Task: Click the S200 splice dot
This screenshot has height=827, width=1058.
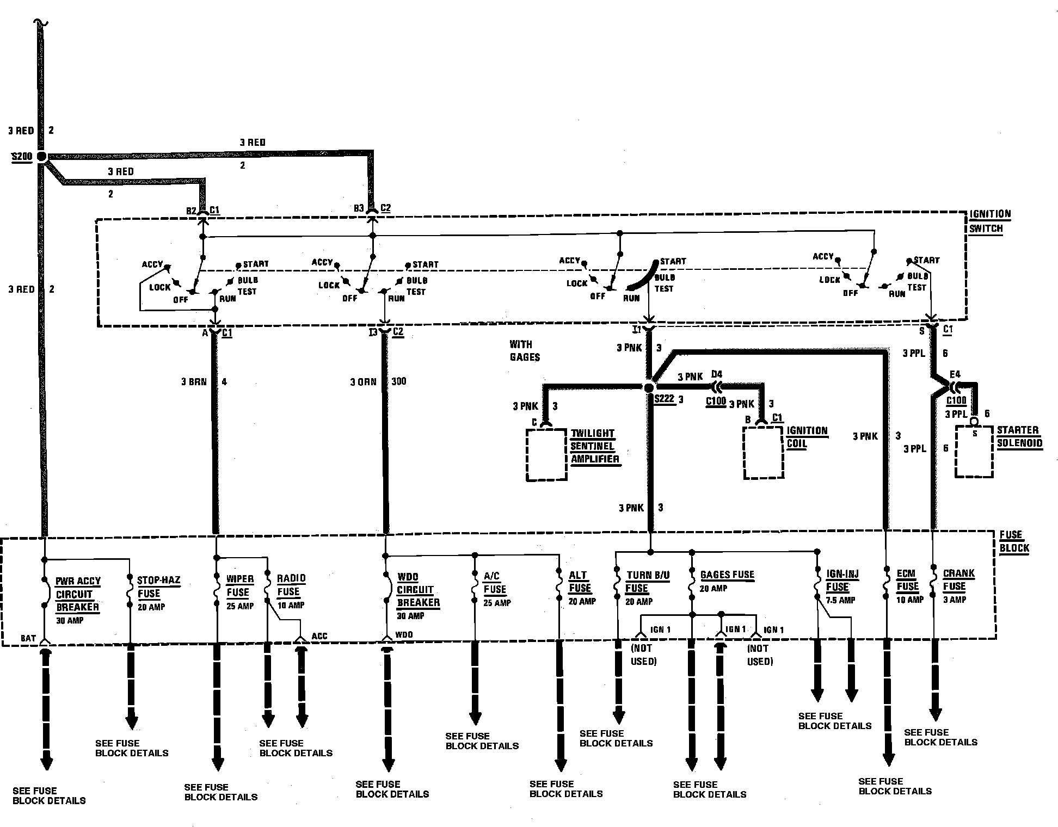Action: pyautogui.click(x=41, y=157)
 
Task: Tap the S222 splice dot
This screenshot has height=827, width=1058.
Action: pyautogui.click(x=648, y=388)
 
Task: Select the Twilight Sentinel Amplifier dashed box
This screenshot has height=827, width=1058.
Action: pyautogui.click(x=546, y=455)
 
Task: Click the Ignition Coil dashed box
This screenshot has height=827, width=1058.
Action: pyautogui.click(x=764, y=453)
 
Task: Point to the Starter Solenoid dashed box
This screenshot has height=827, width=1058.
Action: pyautogui.click(x=974, y=452)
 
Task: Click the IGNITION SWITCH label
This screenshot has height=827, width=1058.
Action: pyautogui.click(x=989, y=221)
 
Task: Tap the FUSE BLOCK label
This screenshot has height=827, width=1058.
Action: pyautogui.click(x=1014, y=541)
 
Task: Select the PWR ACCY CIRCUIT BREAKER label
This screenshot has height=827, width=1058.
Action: pyautogui.click(x=78, y=594)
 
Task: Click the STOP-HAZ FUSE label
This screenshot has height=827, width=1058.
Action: pyautogui.click(x=158, y=587)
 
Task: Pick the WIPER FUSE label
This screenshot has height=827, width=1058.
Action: pyautogui.click(x=240, y=585)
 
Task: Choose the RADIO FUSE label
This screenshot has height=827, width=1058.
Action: pyautogui.click(x=291, y=585)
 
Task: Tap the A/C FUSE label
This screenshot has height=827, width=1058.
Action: pyautogui.click(x=495, y=582)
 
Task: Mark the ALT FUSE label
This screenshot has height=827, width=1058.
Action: pyautogui.click(x=579, y=582)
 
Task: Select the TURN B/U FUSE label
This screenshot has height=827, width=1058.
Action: pyautogui.click(x=647, y=582)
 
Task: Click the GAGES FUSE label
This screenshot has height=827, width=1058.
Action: pyautogui.click(x=727, y=575)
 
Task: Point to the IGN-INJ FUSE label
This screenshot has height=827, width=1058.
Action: pyautogui.click(x=842, y=580)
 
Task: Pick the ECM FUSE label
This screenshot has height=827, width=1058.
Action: pyautogui.click(x=907, y=580)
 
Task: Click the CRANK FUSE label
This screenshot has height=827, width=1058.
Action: pyautogui.click(x=958, y=579)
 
